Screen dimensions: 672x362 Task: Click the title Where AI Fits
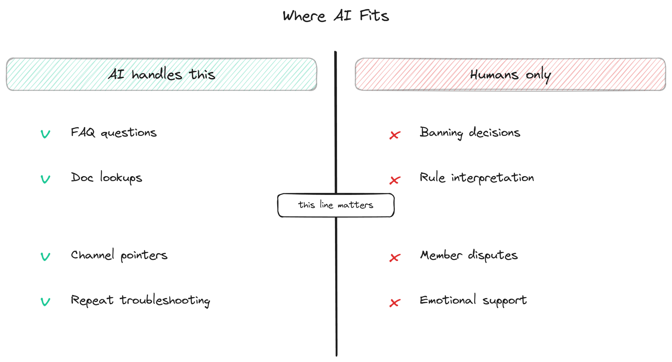[x=336, y=16]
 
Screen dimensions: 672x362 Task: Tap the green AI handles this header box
[x=162, y=74]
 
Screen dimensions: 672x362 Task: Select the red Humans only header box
[x=510, y=74]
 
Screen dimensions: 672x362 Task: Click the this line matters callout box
[x=336, y=205]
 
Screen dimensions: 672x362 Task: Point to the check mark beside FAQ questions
[x=45, y=134]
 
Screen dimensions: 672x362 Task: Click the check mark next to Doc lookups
[x=45, y=179]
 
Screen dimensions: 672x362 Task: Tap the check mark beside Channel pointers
[x=45, y=257]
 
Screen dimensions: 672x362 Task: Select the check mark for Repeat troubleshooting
[x=45, y=302]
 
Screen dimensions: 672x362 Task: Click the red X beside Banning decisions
[x=395, y=135]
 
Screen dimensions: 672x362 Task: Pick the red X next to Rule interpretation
[x=395, y=180]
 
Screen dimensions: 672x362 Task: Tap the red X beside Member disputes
[x=395, y=258]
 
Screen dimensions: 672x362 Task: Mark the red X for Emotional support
[x=395, y=303]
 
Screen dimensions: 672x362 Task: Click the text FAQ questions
[x=114, y=133]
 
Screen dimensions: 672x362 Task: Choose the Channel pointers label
[x=119, y=255]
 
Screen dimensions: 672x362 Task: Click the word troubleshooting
[x=165, y=301]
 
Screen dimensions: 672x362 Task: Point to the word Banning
[x=442, y=133]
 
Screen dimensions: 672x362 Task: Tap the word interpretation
[x=493, y=178]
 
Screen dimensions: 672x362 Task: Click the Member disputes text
[x=469, y=255]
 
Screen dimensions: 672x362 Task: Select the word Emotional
[x=448, y=300]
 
